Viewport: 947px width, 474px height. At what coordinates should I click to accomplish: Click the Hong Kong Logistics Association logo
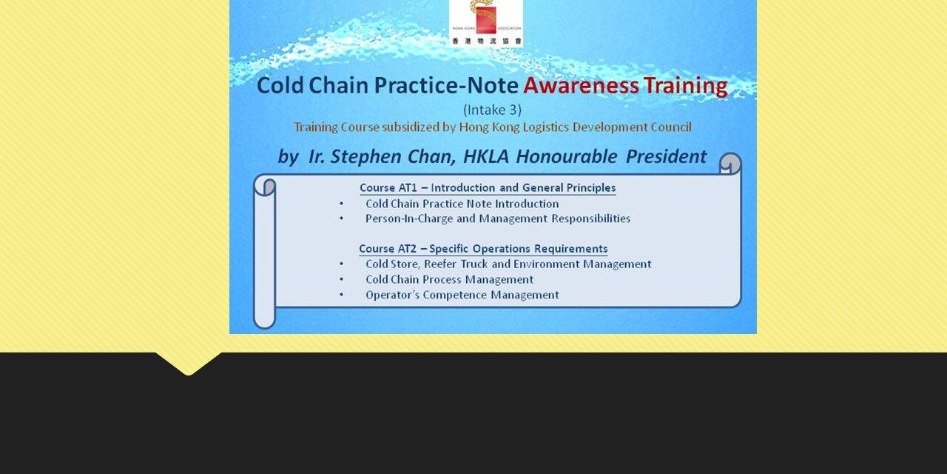[485, 22]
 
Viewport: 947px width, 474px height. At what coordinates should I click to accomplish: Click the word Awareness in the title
[581, 86]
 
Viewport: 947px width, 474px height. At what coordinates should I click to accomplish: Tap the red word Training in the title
[685, 86]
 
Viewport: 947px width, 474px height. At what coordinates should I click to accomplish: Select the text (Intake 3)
[492, 110]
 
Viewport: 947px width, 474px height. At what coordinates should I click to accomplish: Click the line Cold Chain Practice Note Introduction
[462, 204]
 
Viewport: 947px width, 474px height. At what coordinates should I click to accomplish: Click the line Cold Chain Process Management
[449, 279]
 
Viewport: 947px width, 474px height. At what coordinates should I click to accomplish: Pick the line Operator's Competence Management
[462, 295]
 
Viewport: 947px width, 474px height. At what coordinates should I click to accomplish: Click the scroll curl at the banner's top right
[729, 164]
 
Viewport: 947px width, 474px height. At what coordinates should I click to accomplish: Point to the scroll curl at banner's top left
[265, 186]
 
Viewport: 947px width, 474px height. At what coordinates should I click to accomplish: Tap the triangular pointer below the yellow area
[188, 363]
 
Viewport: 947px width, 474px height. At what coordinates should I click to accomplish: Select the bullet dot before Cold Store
[341, 264]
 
